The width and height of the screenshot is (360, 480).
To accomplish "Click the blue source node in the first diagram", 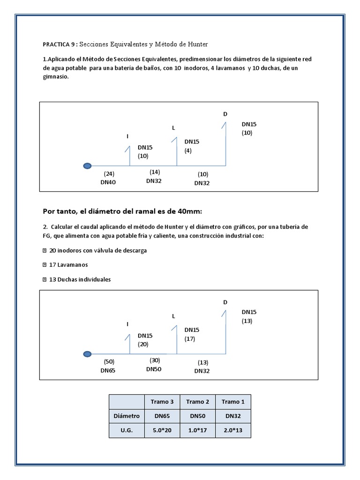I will (87, 165).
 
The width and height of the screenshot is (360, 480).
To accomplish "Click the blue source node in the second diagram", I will (87, 354).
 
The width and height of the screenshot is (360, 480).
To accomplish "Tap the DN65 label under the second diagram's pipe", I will (108, 370).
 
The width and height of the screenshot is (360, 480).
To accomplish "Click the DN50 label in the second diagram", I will (154, 369).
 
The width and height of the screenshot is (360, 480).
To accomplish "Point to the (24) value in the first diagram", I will (109, 173).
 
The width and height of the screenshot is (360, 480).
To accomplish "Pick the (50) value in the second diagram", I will (109, 361).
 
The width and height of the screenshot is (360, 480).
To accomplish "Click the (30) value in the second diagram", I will (155, 360).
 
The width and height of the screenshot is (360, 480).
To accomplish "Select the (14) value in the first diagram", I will (155, 172).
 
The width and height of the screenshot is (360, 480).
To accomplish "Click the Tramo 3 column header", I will (162, 402).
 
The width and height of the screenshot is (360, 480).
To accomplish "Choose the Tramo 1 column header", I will (233, 402).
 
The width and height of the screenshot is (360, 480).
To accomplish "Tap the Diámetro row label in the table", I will (127, 416).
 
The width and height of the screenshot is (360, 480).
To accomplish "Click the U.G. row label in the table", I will (127, 430).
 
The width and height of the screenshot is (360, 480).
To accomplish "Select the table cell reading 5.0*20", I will (162, 430).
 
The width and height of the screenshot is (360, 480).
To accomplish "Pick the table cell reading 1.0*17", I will (197, 430).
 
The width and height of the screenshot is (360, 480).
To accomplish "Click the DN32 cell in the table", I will (233, 416).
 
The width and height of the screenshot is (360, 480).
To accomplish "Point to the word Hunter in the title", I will (196, 44).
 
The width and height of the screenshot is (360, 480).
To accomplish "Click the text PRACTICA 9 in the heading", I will (58, 45).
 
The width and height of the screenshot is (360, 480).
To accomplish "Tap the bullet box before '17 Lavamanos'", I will (45, 265).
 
